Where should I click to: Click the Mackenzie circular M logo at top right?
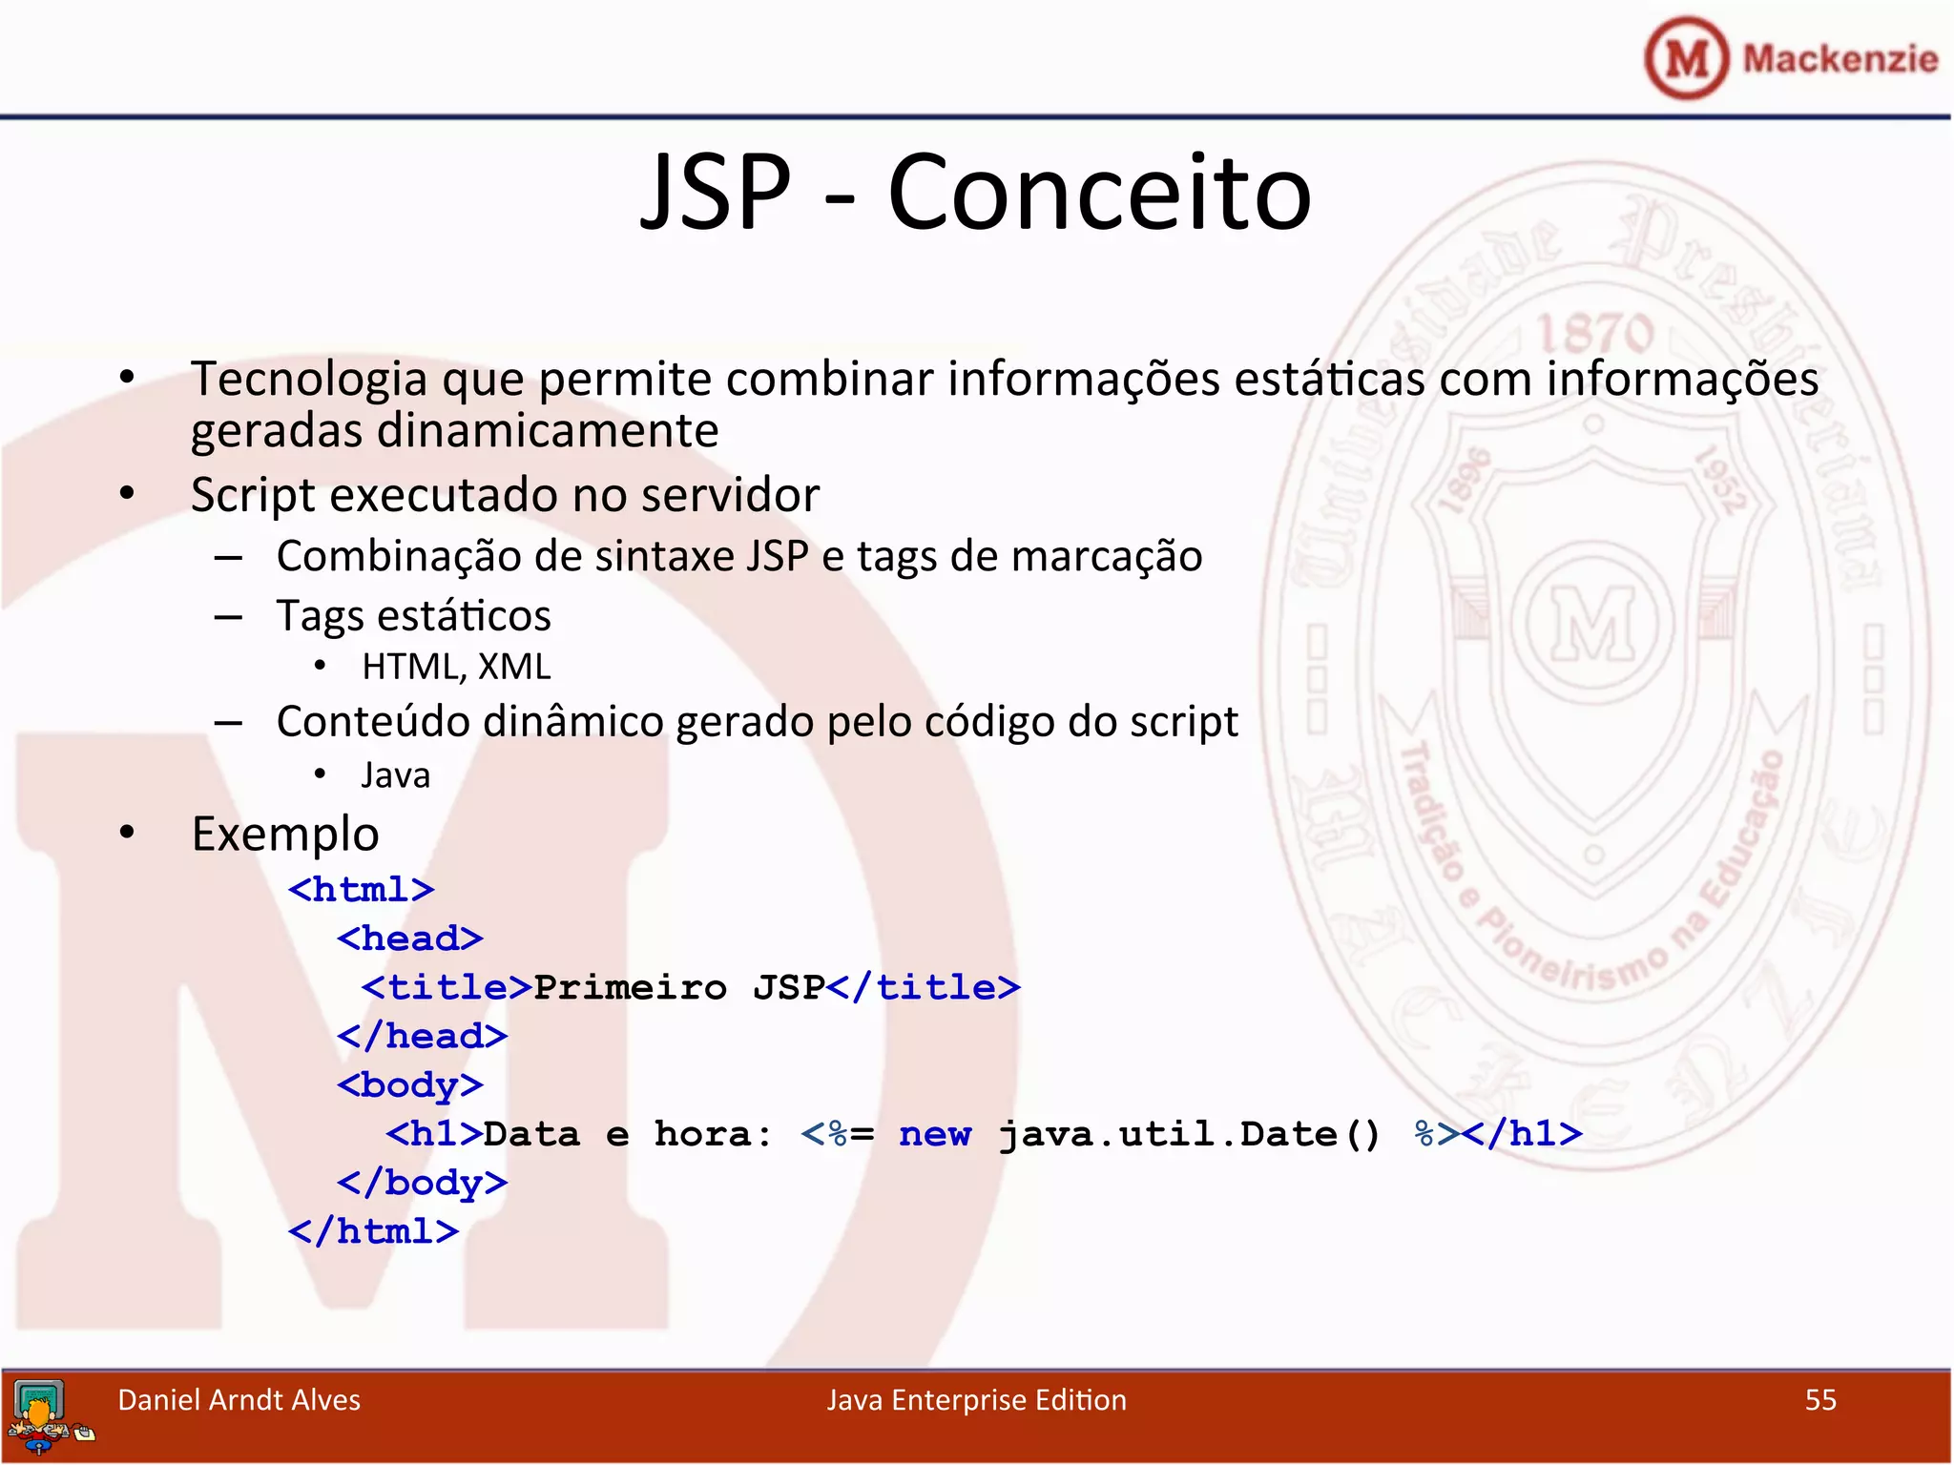click(1686, 59)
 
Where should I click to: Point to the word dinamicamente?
click(548, 431)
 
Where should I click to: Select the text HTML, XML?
click(456, 667)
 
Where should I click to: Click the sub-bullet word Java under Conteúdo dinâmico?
click(395, 775)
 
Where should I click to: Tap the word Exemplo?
click(285, 835)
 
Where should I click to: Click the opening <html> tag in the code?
click(362, 890)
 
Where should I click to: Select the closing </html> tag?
click(374, 1231)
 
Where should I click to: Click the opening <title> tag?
click(446, 987)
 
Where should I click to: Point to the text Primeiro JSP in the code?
click(678, 987)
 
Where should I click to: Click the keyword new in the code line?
click(934, 1134)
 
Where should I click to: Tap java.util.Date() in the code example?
click(1189, 1134)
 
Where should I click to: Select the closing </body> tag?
click(422, 1183)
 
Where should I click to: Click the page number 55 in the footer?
click(1819, 1400)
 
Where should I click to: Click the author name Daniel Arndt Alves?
click(239, 1400)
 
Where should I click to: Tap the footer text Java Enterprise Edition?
click(976, 1400)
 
